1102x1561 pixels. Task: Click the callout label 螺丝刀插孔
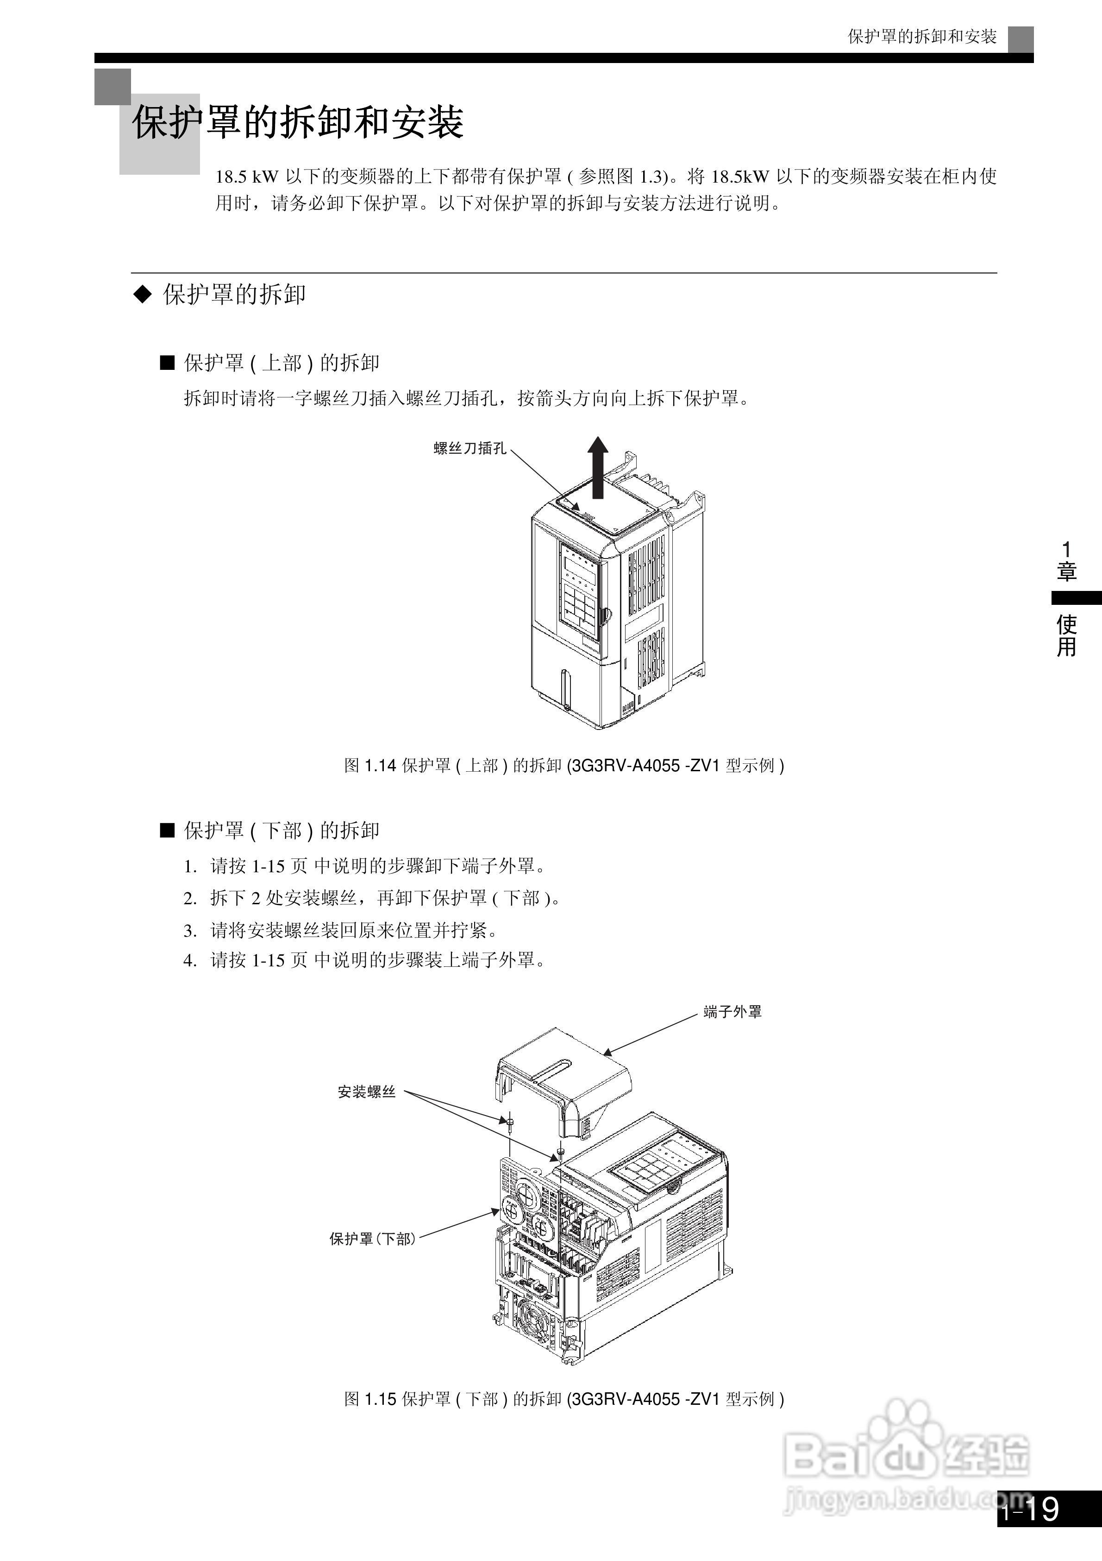click(x=470, y=449)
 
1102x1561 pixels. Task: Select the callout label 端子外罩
click(x=733, y=1012)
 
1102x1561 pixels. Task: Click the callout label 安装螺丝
click(x=366, y=1092)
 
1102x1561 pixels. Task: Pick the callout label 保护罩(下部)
click(x=372, y=1239)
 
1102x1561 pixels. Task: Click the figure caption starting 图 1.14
click(x=564, y=766)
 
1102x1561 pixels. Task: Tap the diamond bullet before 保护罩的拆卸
click(x=142, y=294)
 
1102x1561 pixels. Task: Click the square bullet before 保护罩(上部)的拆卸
click(x=167, y=363)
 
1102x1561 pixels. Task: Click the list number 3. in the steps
click(x=190, y=931)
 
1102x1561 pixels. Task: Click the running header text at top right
click(x=921, y=37)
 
